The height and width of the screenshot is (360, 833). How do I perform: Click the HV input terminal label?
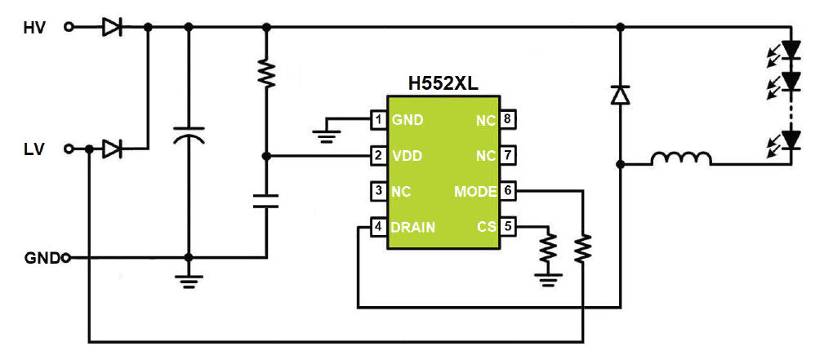[x=34, y=28]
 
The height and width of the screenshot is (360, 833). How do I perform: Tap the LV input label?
[x=34, y=149]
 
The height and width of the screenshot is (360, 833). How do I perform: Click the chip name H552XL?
[x=443, y=84]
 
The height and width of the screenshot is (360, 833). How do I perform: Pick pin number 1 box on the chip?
[x=378, y=119]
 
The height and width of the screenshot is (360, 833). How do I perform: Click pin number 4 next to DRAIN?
[x=378, y=227]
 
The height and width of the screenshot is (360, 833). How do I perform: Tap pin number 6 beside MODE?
[x=507, y=191]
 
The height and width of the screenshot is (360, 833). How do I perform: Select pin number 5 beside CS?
[x=507, y=227]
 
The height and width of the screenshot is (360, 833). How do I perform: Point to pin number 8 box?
[x=507, y=119]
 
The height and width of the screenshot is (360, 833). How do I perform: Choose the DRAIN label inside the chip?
[x=413, y=227]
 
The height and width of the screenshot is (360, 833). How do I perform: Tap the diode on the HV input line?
[x=112, y=27]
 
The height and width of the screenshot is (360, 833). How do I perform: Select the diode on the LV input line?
[x=112, y=149]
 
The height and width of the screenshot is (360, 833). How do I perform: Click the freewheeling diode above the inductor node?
[x=620, y=96]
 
